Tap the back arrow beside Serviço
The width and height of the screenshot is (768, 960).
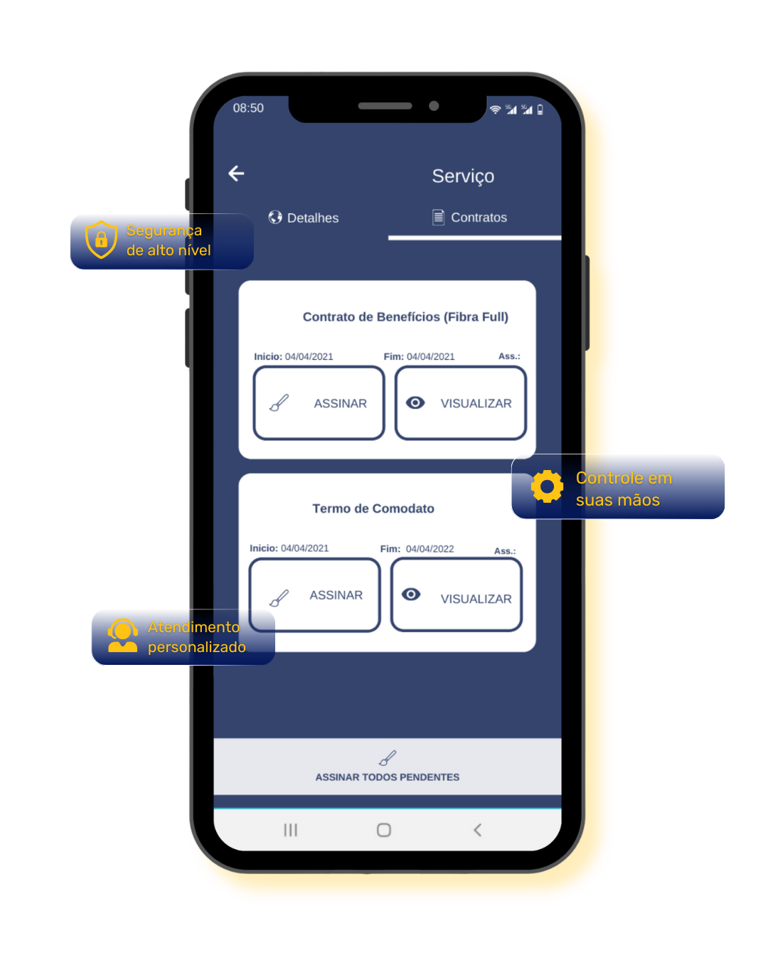236,174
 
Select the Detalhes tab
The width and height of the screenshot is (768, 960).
304,218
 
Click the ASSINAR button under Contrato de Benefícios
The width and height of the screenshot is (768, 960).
319,403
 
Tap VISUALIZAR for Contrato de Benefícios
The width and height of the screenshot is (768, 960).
461,403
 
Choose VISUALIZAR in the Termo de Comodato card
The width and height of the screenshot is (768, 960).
457,595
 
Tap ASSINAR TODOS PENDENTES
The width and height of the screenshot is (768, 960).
388,767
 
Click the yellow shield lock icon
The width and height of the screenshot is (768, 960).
101,240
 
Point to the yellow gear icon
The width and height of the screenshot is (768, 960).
547,487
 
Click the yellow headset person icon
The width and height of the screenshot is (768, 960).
122,636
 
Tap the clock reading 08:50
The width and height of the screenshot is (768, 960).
248,108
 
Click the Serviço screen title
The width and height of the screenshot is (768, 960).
463,176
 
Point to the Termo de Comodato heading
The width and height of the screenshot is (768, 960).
373,508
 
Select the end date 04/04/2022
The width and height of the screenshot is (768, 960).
430,549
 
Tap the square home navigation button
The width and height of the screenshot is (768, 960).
384,830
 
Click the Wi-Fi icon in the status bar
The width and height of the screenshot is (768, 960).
495,110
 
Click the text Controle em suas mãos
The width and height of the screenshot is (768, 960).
624,489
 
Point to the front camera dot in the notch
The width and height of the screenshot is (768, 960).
434,106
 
